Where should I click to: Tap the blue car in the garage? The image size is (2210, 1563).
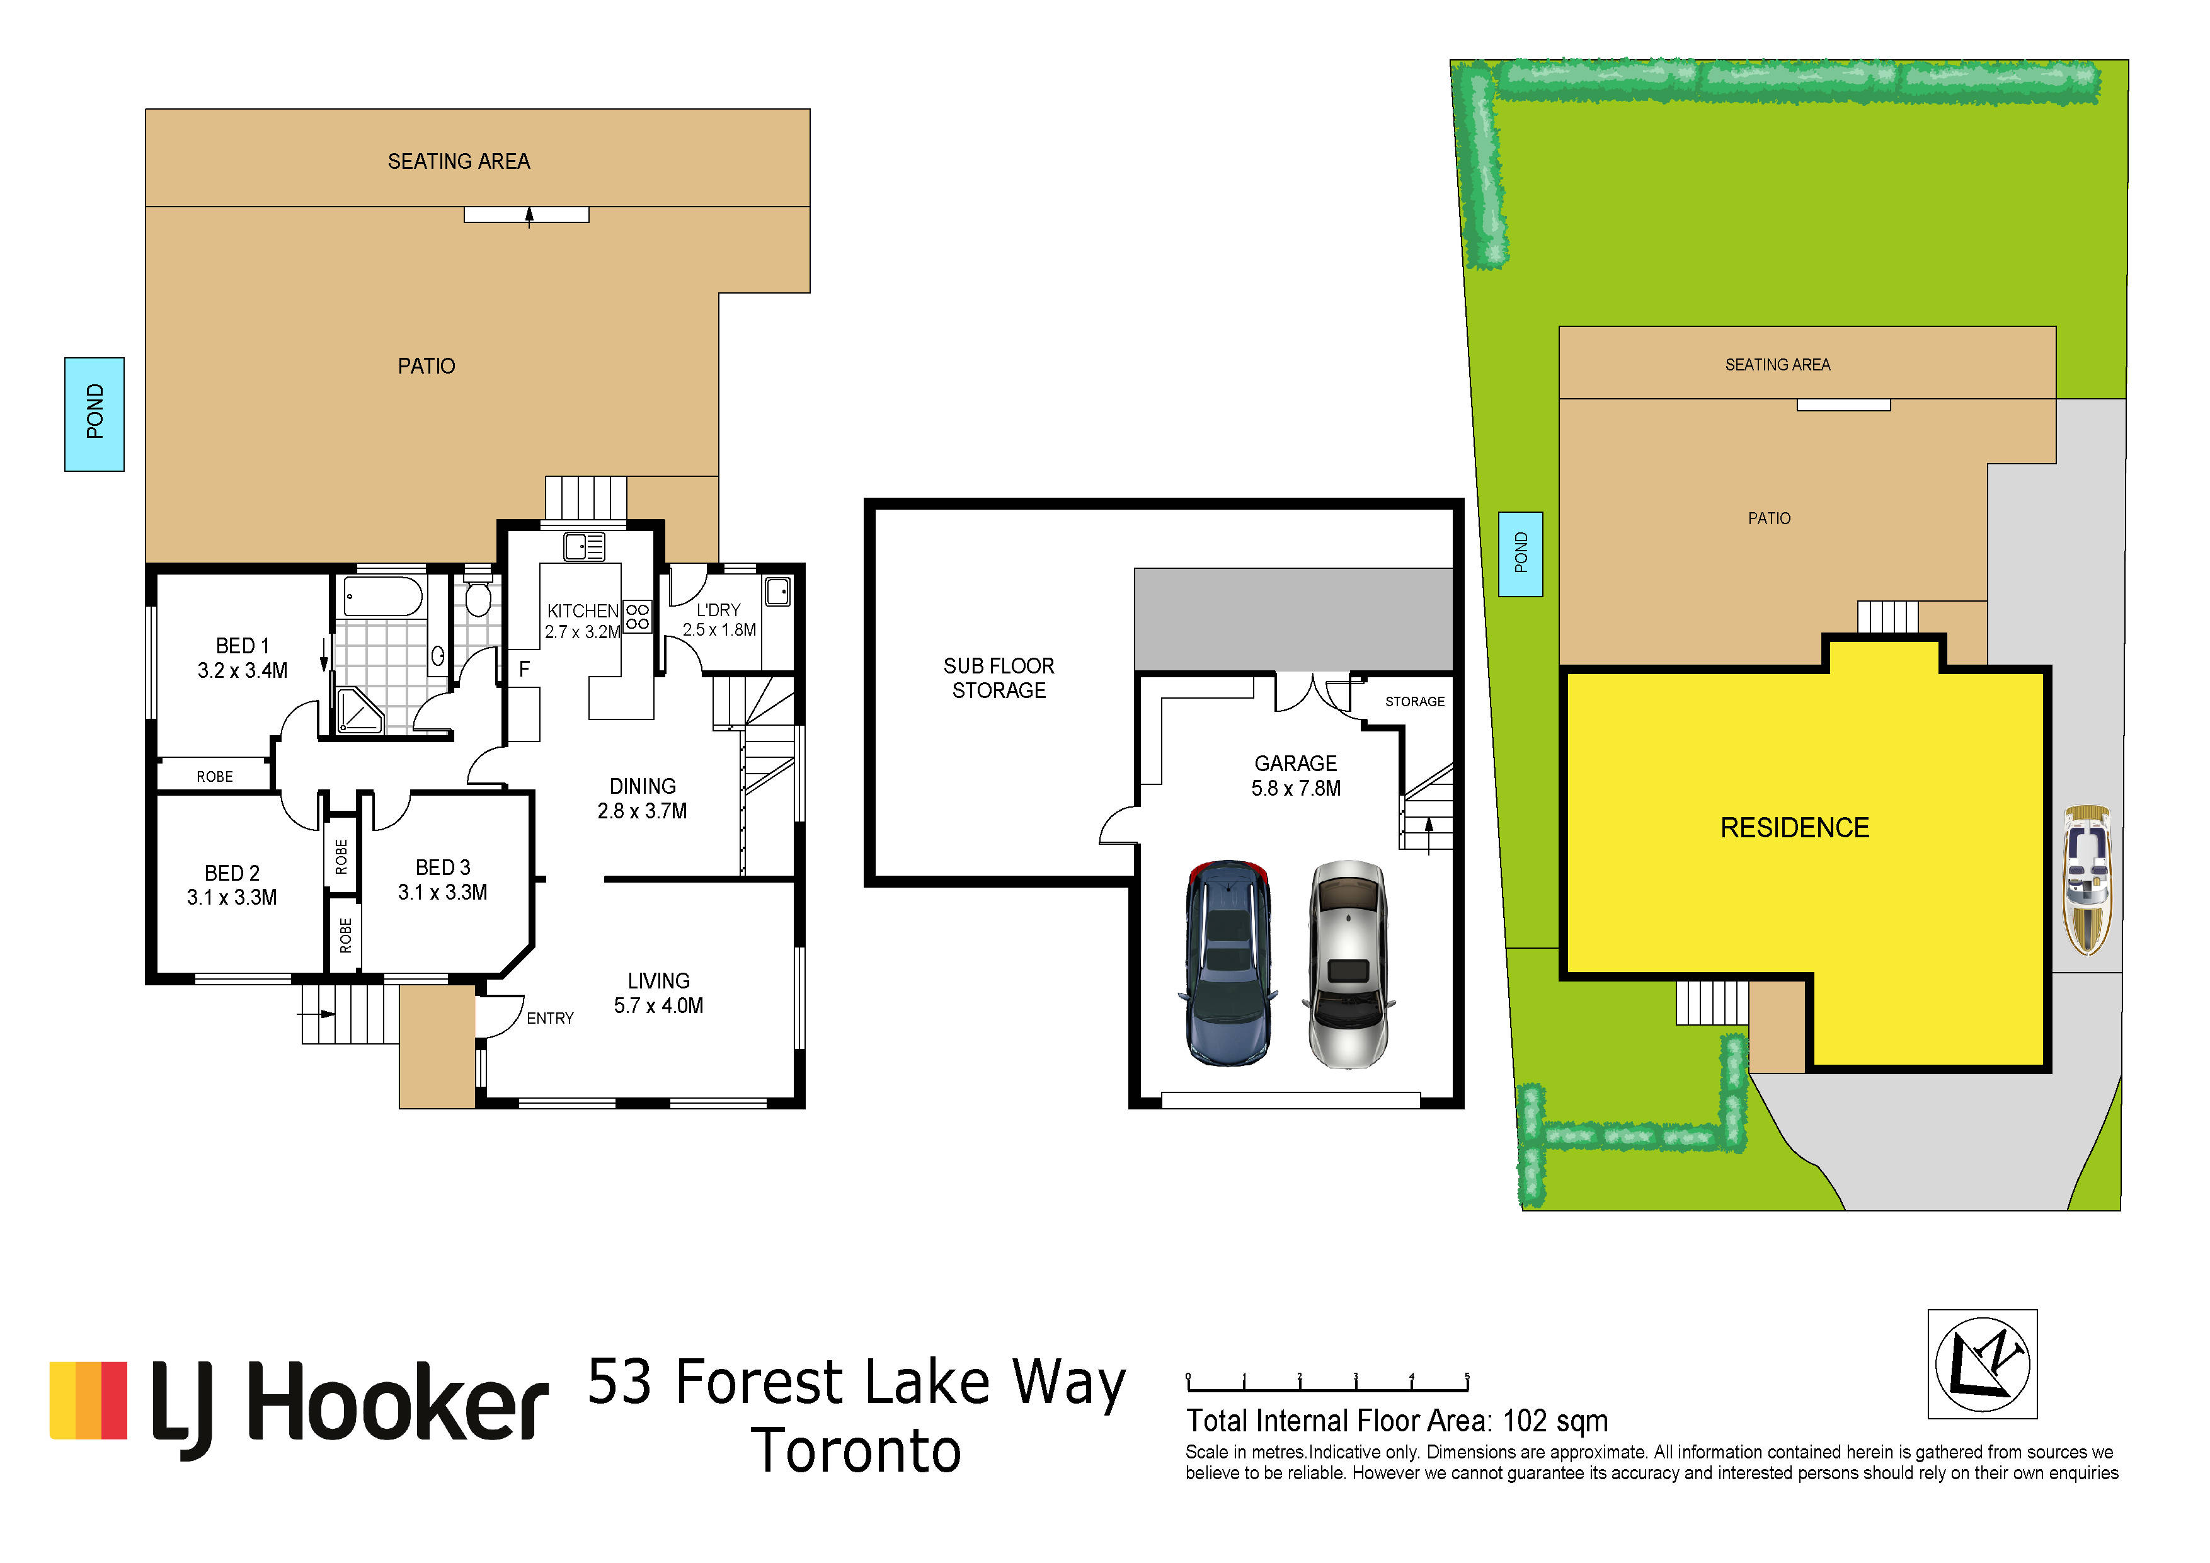pos(1228,963)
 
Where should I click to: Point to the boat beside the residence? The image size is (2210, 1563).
pos(2087,879)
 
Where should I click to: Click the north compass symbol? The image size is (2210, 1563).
pos(1983,1364)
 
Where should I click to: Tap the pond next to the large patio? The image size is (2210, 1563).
pos(94,414)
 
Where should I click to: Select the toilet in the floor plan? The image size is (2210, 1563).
pos(478,595)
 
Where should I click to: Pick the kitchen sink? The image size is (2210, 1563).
pos(584,547)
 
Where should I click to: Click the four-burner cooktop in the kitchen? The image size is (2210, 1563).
pos(637,616)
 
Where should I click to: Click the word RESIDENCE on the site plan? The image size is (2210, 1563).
pos(1794,828)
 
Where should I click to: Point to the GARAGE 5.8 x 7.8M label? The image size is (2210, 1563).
pos(1296,776)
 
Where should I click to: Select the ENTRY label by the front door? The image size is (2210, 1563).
pos(549,1018)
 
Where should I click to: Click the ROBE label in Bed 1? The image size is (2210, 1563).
pos(215,777)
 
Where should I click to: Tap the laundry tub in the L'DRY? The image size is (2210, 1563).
pos(778,591)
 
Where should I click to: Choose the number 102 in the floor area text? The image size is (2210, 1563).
pos(1525,1421)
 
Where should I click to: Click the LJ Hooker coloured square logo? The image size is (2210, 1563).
pos(89,1400)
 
